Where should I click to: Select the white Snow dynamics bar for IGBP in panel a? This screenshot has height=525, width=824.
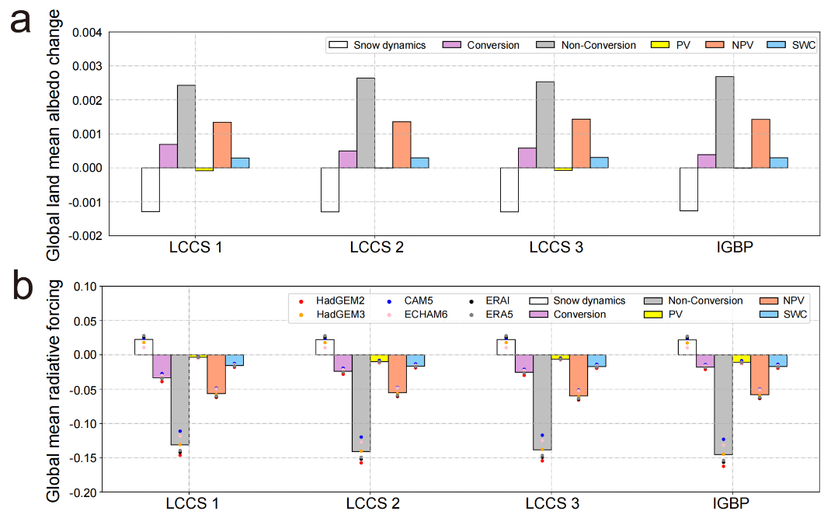[x=688, y=189]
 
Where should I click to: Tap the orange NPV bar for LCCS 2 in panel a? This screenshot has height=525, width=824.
[x=402, y=144]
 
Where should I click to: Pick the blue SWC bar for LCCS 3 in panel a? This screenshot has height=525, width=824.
[x=599, y=162]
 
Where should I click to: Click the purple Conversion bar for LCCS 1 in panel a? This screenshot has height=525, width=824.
[x=169, y=156]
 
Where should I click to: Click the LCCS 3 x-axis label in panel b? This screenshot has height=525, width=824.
[x=552, y=504]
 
